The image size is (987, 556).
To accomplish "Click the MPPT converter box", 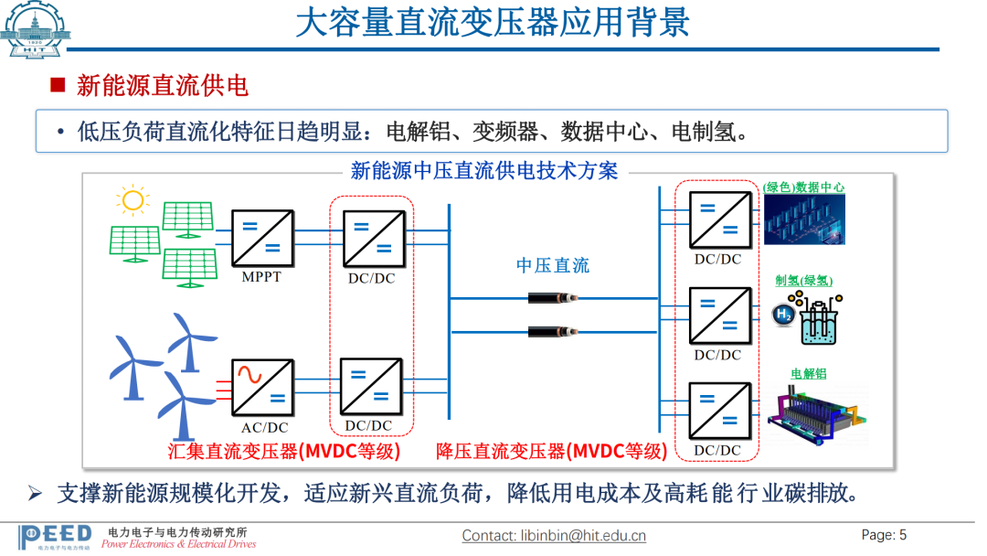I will pyautogui.click(x=262, y=238).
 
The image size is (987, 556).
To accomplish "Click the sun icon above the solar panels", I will pyautogui.click(x=133, y=200).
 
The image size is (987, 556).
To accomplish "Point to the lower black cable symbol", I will pyautogui.click(x=553, y=330).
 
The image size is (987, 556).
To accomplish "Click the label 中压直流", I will pyautogui.click(x=553, y=265).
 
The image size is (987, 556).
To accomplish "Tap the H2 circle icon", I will pyautogui.click(x=783, y=315).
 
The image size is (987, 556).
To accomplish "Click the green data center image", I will pyautogui.click(x=804, y=219).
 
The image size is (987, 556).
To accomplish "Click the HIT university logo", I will pyautogui.click(x=36, y=30).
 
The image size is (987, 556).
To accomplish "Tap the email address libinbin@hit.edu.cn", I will pyautogui.click(x=554, y=536).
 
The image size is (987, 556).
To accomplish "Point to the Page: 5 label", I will pyautogui.click(x=884, y=535).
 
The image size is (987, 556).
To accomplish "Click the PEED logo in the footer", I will pyautogui.click(x=55, y=536).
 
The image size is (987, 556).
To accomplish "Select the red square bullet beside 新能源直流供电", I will pyautogui.click(x=58, y=86).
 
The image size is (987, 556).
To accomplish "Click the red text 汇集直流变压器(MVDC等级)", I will pyautogui.click(x=284, y=451).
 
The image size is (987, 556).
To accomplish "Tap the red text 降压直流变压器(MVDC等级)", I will pyautogui.click(x=551, y=451).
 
